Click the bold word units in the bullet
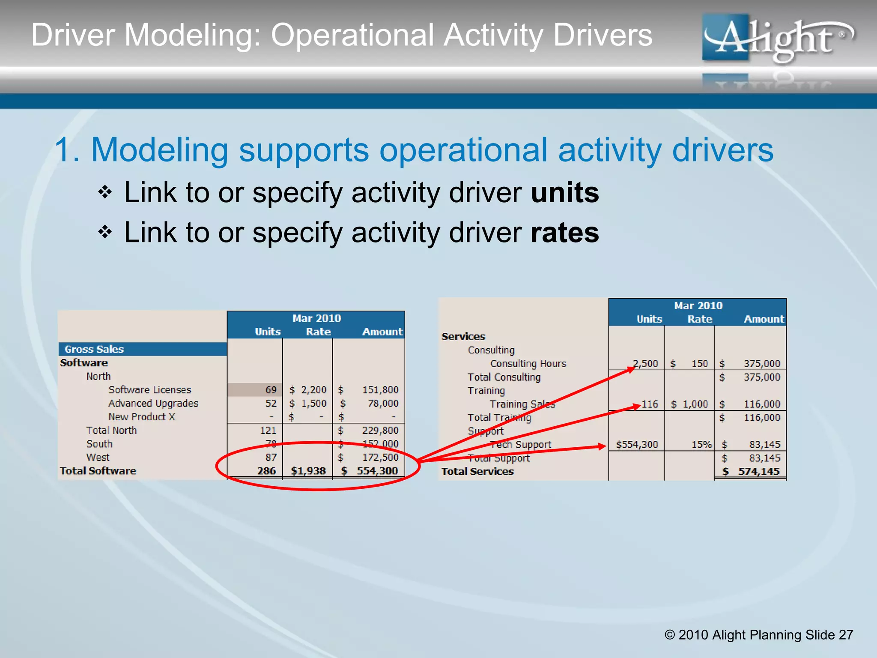click(564, 193)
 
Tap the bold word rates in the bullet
click(564, 233)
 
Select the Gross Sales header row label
click(94, 349)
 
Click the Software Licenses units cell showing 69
click(270, 390)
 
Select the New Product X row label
click(142, 417)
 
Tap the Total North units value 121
click(268, 431)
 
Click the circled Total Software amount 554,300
click(377, 471)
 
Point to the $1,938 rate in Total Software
click(308, 471)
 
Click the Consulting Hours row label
click(528, 364)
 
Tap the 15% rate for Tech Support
click(701, 445)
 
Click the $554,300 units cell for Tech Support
click(637, 445)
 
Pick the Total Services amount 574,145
click(758, 472)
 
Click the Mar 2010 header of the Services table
click(698, 305)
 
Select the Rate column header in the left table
click(318, 332)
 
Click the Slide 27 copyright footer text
click(758, 634)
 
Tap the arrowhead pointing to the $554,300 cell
click(602, 446)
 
